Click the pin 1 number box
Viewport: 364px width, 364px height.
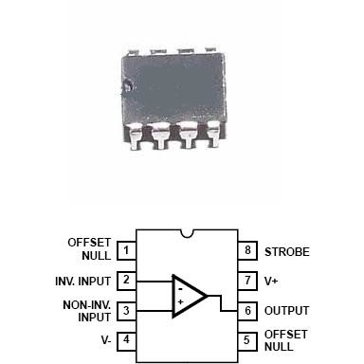tap(126, 252)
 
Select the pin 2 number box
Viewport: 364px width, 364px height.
tap(126, 282)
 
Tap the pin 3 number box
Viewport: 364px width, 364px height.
tap(126, 310)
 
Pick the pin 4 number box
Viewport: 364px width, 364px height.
tap(126, 339)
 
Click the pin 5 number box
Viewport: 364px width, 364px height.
tap(247, 339)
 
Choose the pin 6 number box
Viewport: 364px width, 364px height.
tap(247, 310)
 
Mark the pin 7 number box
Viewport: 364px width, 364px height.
tap(247, 282)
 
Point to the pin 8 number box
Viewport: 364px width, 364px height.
tap(247, 252)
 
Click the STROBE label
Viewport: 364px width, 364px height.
tap(287, 252)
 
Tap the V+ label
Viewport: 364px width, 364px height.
tap(272, 282)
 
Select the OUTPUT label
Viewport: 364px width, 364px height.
tap(288, 310)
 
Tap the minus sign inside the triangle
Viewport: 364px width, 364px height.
tap(179, 284)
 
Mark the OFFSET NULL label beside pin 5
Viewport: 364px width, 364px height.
tap(286, 339)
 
